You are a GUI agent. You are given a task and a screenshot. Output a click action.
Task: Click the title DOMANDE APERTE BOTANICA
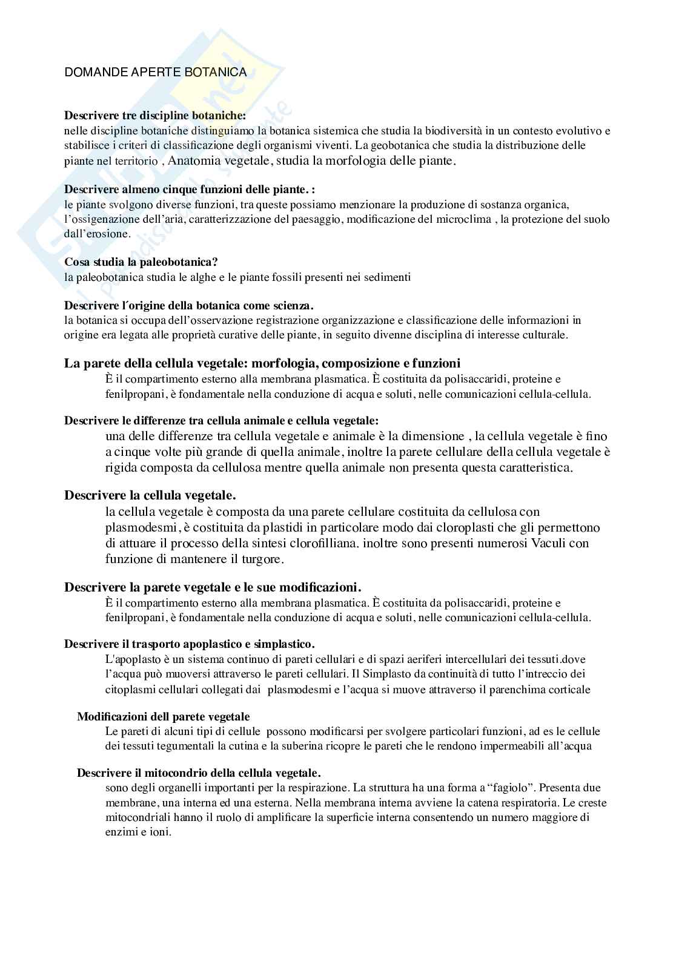tap(155, 72)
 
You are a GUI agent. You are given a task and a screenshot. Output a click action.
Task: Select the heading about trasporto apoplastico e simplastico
tap(189, 644)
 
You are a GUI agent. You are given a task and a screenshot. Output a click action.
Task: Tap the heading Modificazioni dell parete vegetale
tap(163, 716)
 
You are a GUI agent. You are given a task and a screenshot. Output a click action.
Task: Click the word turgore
tap(260, 559)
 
